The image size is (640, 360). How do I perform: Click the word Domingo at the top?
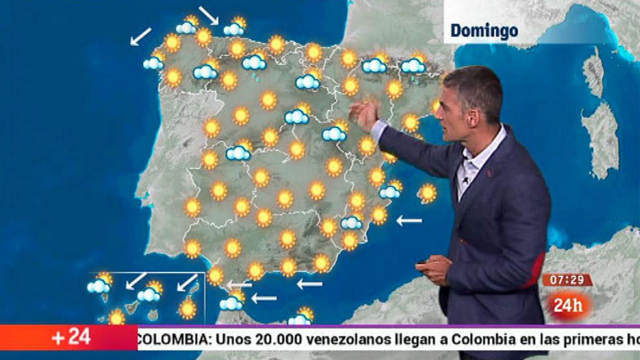[484, 31]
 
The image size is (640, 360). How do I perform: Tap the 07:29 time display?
[567, 280]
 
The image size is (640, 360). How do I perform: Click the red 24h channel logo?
[568, 306]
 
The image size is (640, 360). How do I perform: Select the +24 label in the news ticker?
[71, 337]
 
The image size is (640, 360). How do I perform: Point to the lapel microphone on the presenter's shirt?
[465, 180]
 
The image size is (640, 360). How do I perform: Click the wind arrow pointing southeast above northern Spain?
[208, 15]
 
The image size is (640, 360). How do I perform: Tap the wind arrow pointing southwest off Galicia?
[141, 36]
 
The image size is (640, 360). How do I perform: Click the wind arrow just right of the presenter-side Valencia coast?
[409, 220]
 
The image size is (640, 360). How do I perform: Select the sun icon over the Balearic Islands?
[428, 193]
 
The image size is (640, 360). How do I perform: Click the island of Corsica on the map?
[593, 74]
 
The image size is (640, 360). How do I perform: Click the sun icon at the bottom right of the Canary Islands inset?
[187, 309]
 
